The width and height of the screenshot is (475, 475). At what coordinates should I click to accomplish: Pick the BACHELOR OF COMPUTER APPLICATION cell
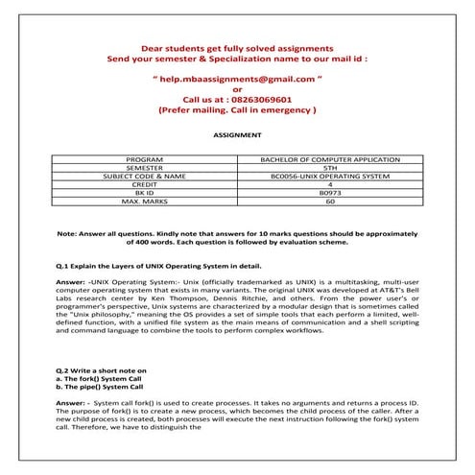tap(330, 158)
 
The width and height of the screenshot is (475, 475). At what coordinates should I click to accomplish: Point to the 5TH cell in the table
tap(330, 167)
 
